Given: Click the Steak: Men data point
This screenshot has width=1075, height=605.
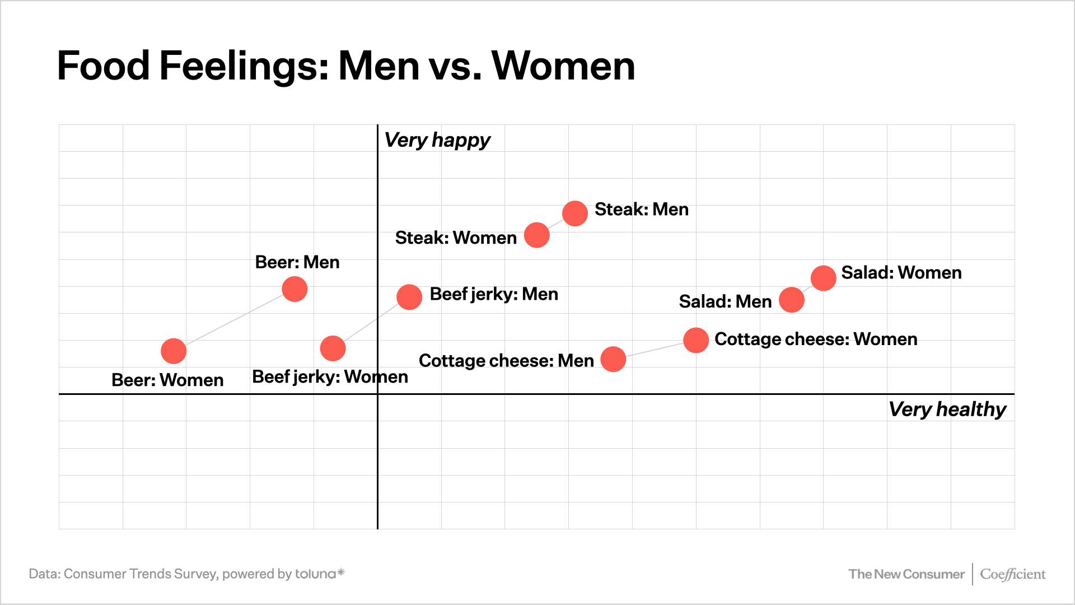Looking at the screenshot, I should (575, 213).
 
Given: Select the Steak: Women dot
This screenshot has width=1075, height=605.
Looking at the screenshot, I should (536, 235).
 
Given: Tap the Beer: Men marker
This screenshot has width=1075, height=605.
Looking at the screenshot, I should (295, 289).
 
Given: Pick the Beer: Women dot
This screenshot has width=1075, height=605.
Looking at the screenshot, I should (174, 351).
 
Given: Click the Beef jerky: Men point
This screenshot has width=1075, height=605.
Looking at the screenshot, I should (409, 297).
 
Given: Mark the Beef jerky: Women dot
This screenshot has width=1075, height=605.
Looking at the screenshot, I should (333, 348).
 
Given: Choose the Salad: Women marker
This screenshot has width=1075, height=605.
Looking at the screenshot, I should (823, 278).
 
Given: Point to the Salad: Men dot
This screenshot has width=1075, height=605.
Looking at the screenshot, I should (792, 300).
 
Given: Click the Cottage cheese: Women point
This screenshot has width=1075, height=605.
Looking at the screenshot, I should (696, 340).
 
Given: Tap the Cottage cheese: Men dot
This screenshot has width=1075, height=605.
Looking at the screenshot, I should (613, 359).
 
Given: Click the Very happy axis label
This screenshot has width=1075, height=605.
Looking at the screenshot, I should (437, 140).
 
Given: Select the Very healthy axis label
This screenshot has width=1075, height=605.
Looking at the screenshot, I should (947, 409).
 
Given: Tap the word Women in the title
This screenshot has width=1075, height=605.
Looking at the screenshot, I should (563, 66).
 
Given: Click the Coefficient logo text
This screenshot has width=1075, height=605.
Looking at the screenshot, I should (1012, 574).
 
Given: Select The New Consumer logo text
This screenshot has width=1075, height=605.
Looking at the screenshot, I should (906, 574).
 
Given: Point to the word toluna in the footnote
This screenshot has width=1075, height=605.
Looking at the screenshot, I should (316, 574).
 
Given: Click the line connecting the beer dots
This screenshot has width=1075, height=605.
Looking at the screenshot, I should (234, 320).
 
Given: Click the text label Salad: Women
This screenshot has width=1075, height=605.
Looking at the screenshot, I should (901, 273).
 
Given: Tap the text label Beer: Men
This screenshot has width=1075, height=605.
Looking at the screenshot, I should (297, 262).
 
